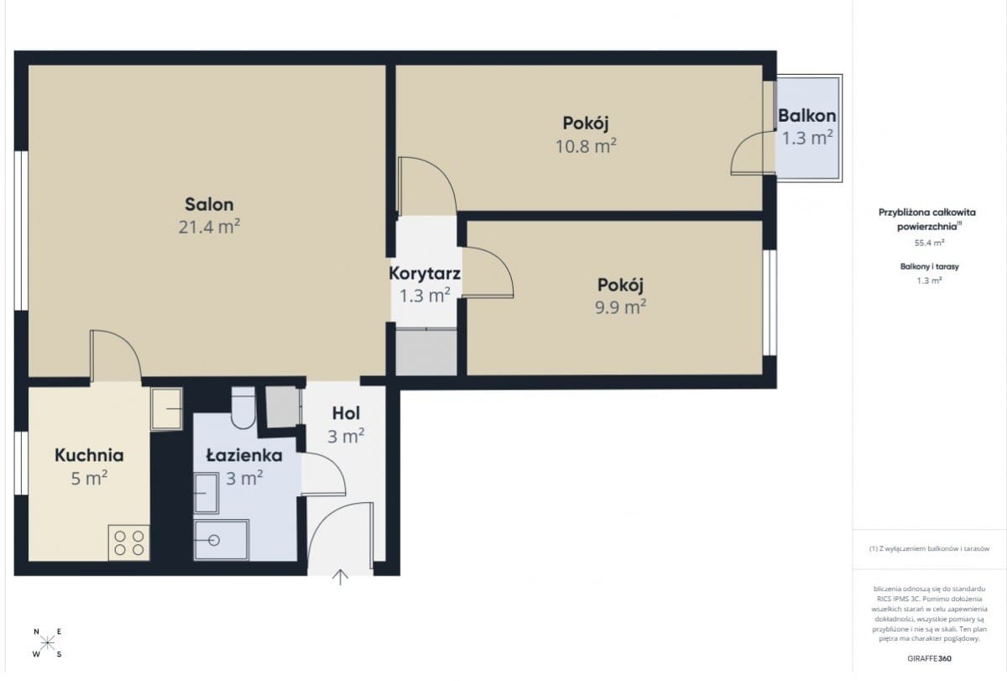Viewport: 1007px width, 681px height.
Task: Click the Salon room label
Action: pyautogui.click(x=209, y=205)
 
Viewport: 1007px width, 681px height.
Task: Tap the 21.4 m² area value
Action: pyautogui.click(x=209, y=227)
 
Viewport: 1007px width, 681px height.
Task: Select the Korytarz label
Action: pyautogui.click(x=425, y=274)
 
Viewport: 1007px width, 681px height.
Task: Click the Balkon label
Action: pyautogui.click(x=807, y=116)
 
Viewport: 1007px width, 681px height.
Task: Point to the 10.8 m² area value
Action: pyautogui.click(x=586, y=146)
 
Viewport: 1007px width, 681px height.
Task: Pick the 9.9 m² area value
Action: pyautogui.click(x=620, y=306)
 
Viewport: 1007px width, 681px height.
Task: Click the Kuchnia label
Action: pyautogui.click(x=89, y=455)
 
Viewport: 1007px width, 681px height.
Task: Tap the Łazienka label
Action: pyautogui.click(x=244, y=455)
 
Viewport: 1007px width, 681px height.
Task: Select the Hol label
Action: pyautogui.click(x=346, y=413)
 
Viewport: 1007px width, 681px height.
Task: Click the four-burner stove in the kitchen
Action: pyautogui.click(x=129, y=543)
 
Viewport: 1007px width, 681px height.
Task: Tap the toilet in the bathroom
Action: pyautogui.click(x=243, y=407)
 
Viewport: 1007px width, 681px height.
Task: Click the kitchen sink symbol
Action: pyautogui.click(x=166, y=409)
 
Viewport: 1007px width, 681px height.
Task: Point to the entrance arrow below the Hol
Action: pyautogui.click(x=341, y=578)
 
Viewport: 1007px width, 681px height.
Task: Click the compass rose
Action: pyautogui.click(x=47, y=642)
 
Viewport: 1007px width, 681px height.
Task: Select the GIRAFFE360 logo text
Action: pyautogui.click(x=929, y=658)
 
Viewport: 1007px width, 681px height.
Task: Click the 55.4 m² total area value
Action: pyautogui.click(x=929, y=243)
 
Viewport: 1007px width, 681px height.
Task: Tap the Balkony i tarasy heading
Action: pyautogui.click(x=929, y=266)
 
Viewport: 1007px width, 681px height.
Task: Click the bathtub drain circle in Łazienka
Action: pyautogui.click(x=214, y=540)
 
